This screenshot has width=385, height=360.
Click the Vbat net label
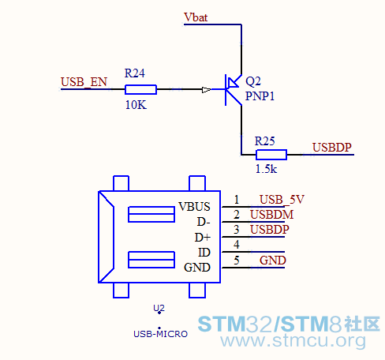(196, 17)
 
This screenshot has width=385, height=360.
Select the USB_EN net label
(84, 82)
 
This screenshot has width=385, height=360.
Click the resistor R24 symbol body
(140, 89)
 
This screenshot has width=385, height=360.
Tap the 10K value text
(136, 105)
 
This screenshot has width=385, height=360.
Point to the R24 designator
(134, 73)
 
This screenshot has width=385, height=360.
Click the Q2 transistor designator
(253, 81)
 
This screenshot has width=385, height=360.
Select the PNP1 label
(260, 96)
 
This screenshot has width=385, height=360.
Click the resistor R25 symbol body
(271, 155)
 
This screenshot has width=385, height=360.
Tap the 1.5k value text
(266, 169)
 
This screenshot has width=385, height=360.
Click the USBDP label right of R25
(332, 148)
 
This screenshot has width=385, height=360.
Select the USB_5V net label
(282, 200)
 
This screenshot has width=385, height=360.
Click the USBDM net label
(271, 215)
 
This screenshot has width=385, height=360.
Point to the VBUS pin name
(194, 207)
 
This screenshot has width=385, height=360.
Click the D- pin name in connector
(204, 222)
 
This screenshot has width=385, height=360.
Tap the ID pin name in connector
(204, 253)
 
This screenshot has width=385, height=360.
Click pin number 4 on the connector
(237, 245)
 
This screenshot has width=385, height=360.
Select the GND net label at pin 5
(273, 261)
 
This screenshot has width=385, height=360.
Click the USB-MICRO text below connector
(160, 334)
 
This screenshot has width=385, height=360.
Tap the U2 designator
(159, 308)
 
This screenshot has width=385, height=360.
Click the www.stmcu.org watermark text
(293, 341)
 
